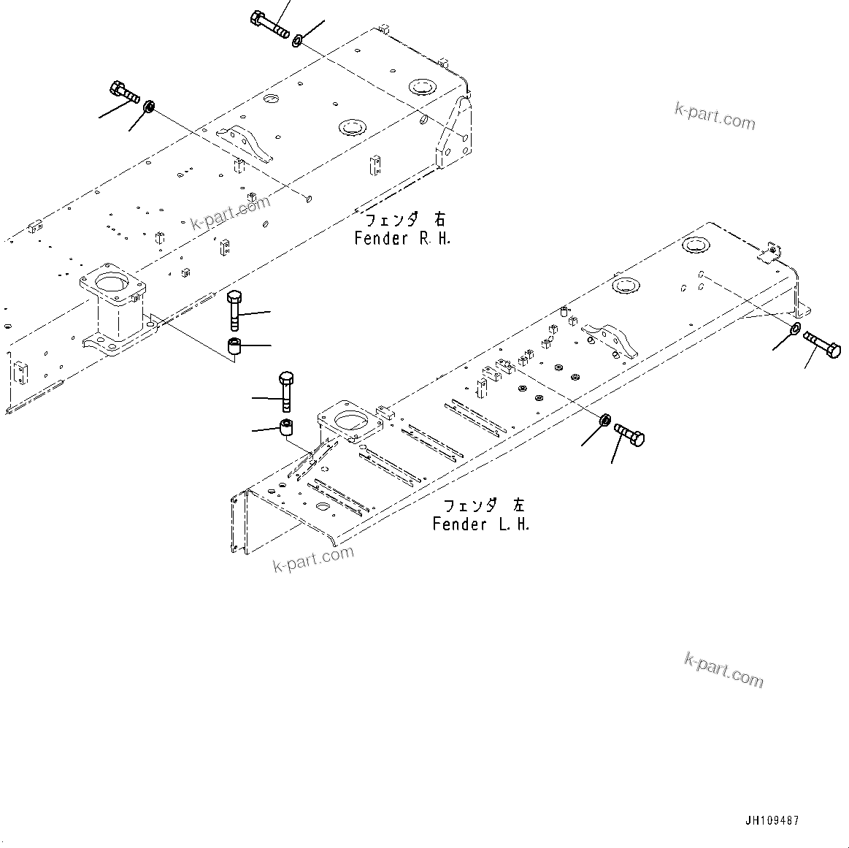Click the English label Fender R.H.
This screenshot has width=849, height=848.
402,238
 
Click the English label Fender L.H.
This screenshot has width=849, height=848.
480,524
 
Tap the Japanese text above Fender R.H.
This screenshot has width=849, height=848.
404,219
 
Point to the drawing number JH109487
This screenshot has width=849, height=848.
772,820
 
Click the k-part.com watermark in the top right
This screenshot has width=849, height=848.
714,115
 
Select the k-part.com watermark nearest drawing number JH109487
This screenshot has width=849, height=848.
723,670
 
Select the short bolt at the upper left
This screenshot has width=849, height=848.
123,93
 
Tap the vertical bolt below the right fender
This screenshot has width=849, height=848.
234,310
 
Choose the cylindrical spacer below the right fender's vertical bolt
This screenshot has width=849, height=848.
234,347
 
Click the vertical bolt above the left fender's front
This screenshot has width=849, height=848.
286,391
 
